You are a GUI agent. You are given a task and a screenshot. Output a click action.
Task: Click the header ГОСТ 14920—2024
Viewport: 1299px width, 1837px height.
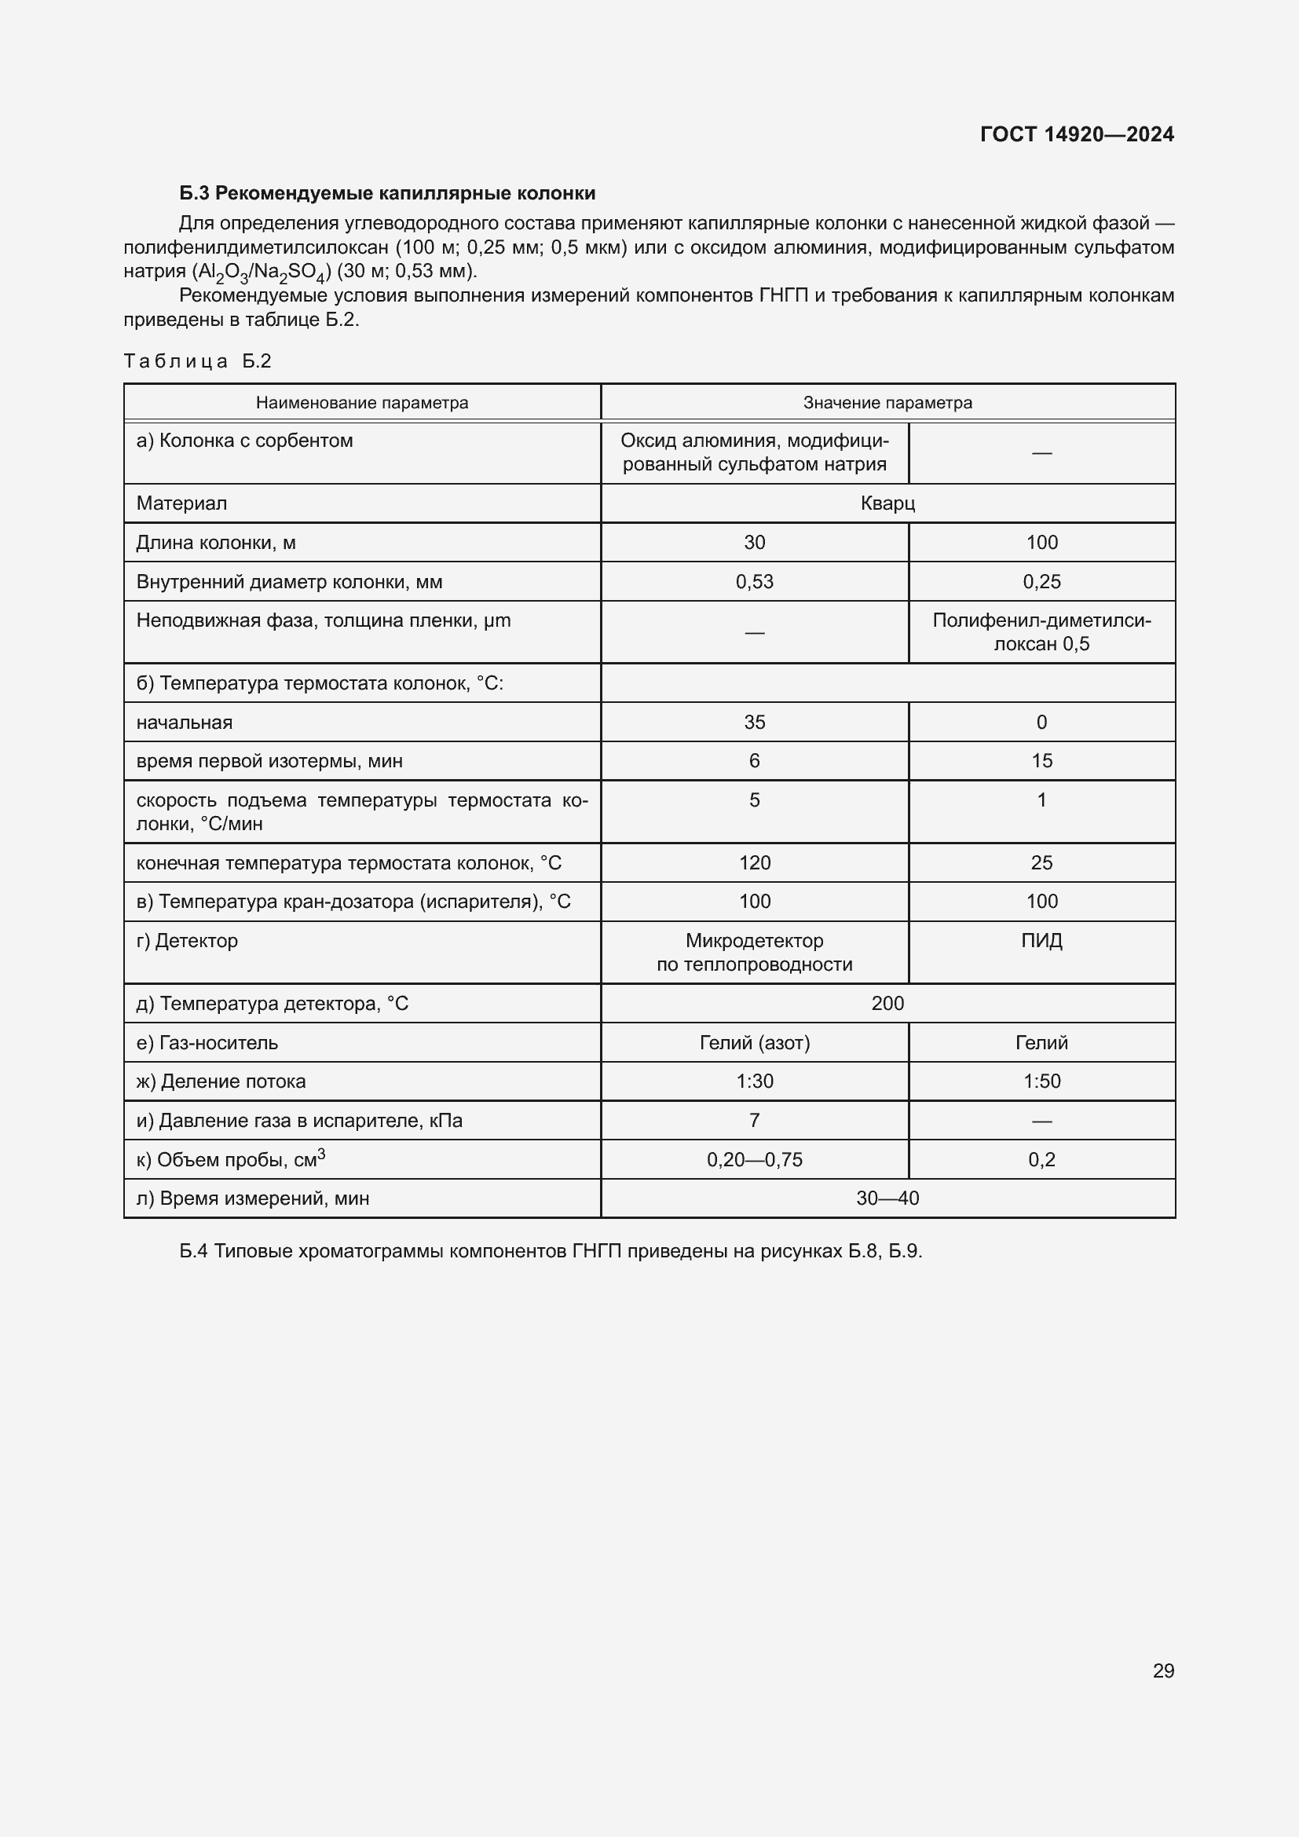point(1077,134)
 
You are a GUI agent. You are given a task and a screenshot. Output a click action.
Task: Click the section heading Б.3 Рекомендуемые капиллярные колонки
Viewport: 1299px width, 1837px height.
point(387,194)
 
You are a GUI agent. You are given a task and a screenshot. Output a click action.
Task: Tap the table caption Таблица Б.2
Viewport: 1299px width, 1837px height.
point(198,361)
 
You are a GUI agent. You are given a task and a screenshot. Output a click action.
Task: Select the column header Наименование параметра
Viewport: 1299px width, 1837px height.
point(361,402)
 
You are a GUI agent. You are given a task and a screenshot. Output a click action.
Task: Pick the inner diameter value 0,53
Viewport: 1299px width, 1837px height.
point(754,582)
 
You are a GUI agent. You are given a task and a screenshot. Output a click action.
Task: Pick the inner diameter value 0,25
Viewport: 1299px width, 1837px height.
point(1041,582)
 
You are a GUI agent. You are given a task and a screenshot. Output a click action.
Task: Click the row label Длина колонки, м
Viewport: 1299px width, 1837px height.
point(216,543)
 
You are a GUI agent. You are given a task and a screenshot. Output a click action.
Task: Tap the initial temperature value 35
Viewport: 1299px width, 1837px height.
point(754,723)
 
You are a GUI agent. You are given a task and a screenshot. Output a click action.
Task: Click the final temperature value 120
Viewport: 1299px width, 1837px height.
point(754,862)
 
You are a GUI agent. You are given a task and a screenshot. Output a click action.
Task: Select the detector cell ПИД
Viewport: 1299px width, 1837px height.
point(1041,941)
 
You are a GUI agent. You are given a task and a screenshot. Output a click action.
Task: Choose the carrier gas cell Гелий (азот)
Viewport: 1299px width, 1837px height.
point(754,1042)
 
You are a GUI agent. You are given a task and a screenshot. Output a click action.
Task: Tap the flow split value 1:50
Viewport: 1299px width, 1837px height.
point(1041,1081)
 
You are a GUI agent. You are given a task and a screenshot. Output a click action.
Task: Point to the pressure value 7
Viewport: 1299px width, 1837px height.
point(754,1120)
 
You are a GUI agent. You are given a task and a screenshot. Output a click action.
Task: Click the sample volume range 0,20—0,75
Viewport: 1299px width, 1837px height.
point(754,1159)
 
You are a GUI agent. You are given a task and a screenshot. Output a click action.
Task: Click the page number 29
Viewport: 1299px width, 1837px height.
point(1163,1670)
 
